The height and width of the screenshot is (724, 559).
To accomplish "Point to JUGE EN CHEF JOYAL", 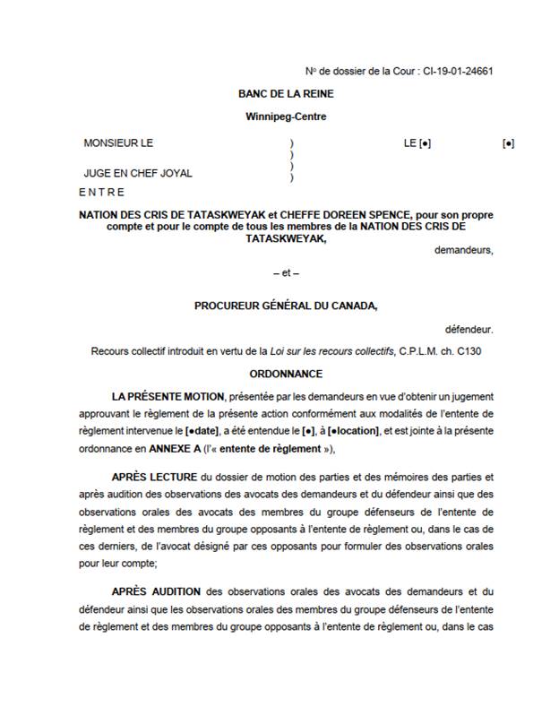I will pos(138,173).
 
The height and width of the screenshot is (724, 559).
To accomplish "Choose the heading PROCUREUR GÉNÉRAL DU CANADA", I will pos(286,306).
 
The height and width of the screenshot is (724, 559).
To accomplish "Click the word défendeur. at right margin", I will pos(469,329).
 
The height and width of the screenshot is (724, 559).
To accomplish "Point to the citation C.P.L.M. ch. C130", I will pos(440,351).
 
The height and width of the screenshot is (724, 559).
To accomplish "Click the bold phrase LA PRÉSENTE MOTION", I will pos(168,395).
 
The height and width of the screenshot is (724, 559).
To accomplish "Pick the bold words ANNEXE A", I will pos(183,449).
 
